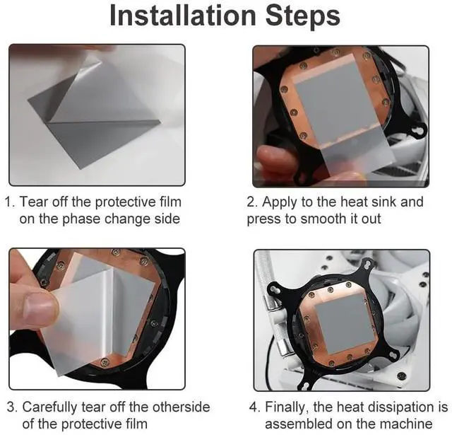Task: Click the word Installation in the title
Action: click(183, 16)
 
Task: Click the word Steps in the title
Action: click(303, 16)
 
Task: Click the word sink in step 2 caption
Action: click(383, 202)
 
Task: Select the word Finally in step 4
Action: click(286, 407)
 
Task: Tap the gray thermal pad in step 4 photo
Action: click(345, 323)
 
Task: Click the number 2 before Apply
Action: click(251, 202)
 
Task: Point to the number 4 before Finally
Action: click(254, 407)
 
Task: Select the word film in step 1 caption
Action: click(170, 202)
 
